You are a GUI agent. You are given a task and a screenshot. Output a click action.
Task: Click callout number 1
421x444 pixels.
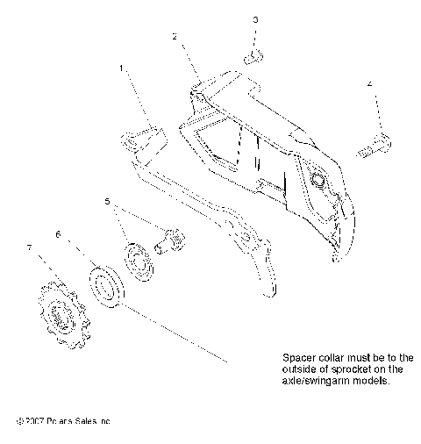point(122,67)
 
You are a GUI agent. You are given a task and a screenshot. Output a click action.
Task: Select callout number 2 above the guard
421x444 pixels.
point(175,37)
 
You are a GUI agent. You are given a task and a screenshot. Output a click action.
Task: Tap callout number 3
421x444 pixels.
point(255,18)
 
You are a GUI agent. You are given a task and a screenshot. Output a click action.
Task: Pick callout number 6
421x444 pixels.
point(58,234)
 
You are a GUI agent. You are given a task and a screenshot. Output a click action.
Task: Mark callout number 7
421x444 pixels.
point(31,248)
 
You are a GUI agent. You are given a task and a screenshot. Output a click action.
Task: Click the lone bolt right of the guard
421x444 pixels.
point(375,146)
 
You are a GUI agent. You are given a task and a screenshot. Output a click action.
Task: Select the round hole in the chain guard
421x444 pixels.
point(317,180)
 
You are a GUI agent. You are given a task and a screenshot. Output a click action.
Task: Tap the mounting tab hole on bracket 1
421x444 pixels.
point(130,139)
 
